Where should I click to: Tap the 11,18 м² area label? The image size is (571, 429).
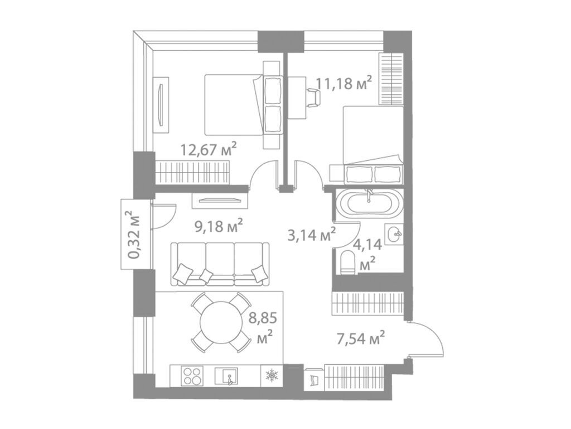[x=343, y=84]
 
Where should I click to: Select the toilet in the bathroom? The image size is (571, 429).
[x=347, y=260]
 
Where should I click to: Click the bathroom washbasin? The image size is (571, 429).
[x=395, y=234]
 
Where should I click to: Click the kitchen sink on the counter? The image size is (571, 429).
[x=229, y=375]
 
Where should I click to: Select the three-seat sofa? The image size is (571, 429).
[x=220, y=263]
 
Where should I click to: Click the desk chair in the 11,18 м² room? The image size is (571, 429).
[x=314, y=96]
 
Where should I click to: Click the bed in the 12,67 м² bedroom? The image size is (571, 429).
[x=234, y=104]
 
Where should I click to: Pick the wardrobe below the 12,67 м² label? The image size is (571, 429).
[x=192, y=171]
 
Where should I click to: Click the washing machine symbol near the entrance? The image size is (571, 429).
[x=313, y=379]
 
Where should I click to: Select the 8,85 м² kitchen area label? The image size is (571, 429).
[x=264, y=328]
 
